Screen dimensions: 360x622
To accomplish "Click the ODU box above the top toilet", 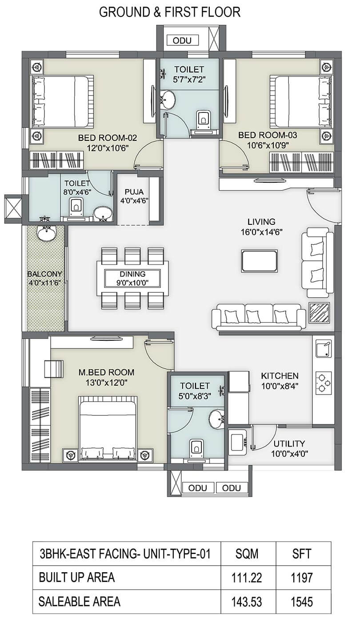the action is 183,40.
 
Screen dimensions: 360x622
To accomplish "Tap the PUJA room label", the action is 134,191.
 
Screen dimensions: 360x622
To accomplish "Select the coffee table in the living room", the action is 260,261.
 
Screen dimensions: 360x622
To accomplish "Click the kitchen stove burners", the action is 324,383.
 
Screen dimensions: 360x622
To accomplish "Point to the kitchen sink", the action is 324,349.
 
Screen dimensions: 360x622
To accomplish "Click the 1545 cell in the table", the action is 302,602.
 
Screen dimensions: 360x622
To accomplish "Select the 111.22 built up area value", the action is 247,578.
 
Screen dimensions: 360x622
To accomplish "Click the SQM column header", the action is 247,554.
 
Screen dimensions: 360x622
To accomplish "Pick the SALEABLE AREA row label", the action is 80,601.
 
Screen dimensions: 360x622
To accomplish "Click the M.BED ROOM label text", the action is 106,372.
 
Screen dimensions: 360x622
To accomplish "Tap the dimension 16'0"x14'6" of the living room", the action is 262,232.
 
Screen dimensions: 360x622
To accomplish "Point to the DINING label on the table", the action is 132,274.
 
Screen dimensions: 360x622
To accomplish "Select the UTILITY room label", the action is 289,443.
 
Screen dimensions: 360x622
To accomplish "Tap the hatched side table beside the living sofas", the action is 320,312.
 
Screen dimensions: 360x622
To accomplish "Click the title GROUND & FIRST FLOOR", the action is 170,12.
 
